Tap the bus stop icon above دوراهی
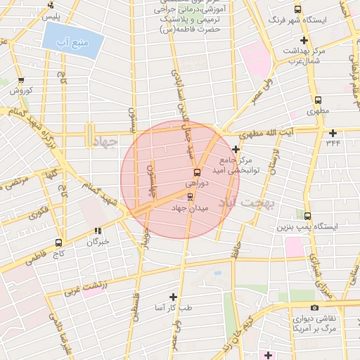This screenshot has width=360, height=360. point(196,172)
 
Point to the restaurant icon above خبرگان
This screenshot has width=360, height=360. point(98,231)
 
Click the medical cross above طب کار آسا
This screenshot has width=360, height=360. point(174,297)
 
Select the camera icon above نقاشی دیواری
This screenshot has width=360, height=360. point(314,307)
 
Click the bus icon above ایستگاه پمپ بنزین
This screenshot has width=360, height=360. point(309,216)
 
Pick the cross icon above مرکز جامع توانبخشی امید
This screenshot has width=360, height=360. point(236,149)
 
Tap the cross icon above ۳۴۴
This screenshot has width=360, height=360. point(333,132)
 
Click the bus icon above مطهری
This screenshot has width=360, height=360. point(318,100)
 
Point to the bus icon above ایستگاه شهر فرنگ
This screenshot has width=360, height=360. point(297,10)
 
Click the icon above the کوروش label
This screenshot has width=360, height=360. point(21,80)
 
